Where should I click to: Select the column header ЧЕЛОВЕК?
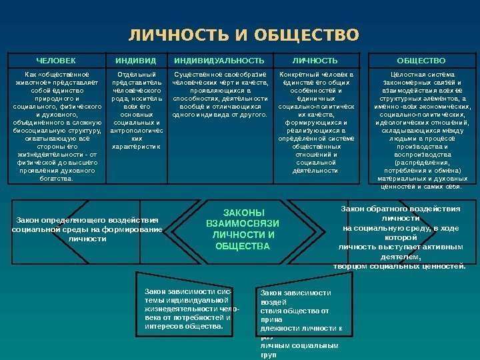(56, 59)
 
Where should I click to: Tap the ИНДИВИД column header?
(135, 59)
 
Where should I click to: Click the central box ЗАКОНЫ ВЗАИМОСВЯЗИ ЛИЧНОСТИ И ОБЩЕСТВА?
(243, 227)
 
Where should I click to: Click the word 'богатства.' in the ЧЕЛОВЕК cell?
(56, 179)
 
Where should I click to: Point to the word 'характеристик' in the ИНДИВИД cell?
(135, 147)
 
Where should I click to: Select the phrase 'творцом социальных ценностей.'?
(399, 266)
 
